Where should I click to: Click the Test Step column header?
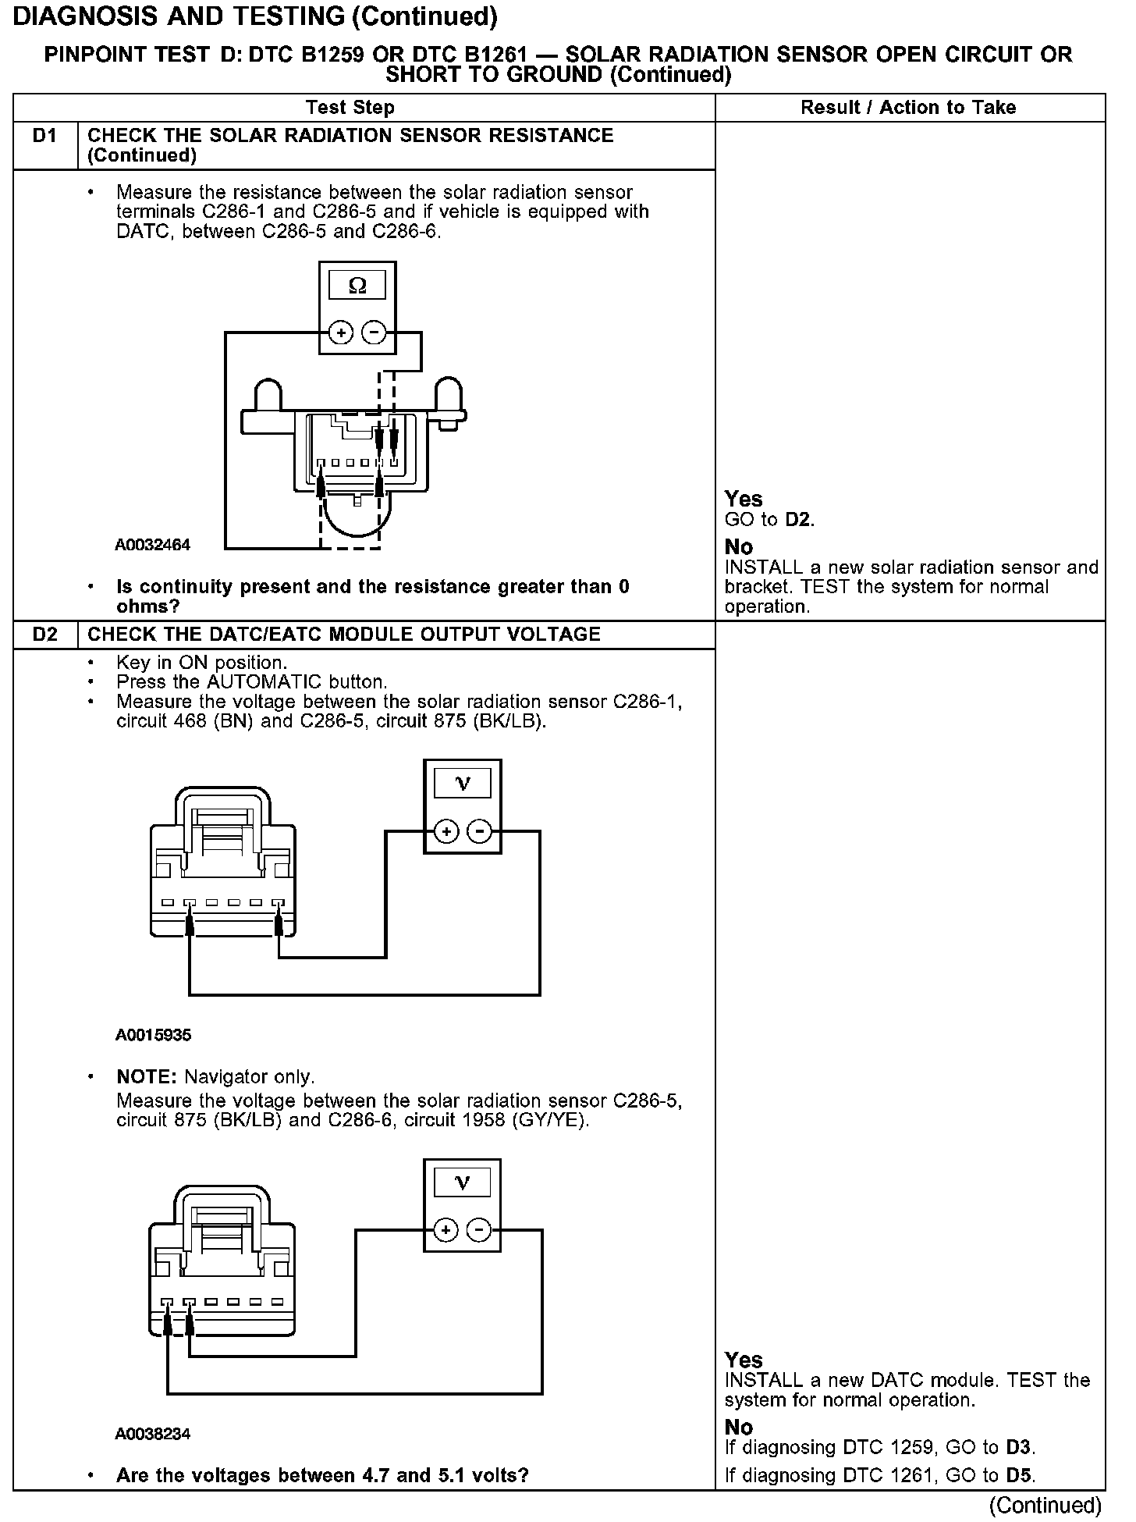point(350,108)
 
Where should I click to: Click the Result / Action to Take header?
point(908,108)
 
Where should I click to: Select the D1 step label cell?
point(45,137)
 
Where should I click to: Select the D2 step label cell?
point(45,634)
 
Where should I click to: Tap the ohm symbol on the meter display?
point(357,286)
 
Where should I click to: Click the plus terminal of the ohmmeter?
point(340,333)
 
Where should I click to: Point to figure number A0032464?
point(152,545)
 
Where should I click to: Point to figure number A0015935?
point(153,1035)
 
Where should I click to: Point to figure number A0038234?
point(153,1434)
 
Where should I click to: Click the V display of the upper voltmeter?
point(463,784)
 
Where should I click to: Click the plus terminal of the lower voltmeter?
point(446,1231)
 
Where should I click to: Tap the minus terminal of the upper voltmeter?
point(480,832)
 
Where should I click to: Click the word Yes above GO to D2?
point(743,499)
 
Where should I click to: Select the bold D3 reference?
point(1018,1448)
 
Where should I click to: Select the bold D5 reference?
point(1018,1475)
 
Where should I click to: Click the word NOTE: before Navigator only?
point(147,1077)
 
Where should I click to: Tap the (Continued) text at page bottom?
point(1045,1505)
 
